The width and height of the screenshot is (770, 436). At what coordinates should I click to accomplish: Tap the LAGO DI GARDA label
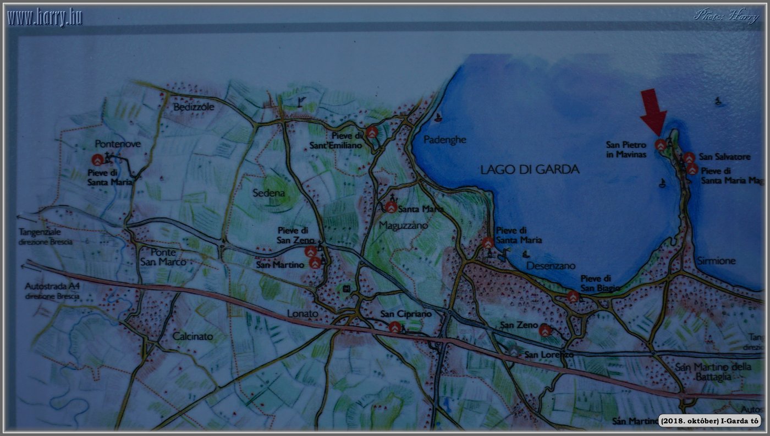[530, 170]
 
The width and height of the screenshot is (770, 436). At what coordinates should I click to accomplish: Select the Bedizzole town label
[194, 107]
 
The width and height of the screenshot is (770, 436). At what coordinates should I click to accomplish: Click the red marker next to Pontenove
[97, 160]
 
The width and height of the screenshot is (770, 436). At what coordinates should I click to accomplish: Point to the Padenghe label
[444, 140]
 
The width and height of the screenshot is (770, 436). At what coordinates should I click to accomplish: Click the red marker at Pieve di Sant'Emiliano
[372, 132]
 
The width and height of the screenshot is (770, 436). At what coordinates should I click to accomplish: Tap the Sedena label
[268, 193]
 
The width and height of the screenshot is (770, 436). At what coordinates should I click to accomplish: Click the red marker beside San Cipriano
[394, 327]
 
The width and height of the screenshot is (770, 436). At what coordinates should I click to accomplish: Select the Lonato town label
[302, 314]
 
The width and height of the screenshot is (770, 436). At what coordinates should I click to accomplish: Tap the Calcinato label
[193, 336]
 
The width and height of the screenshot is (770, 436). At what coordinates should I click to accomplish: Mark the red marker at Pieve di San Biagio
[573, 297]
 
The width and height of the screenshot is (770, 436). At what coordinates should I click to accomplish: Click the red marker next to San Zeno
[545, 330]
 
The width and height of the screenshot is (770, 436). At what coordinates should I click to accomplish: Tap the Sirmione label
[716, 260]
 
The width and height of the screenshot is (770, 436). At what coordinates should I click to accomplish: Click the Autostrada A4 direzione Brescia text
[52, 291]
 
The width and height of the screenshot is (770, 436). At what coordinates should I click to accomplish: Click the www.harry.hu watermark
[45, 18]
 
